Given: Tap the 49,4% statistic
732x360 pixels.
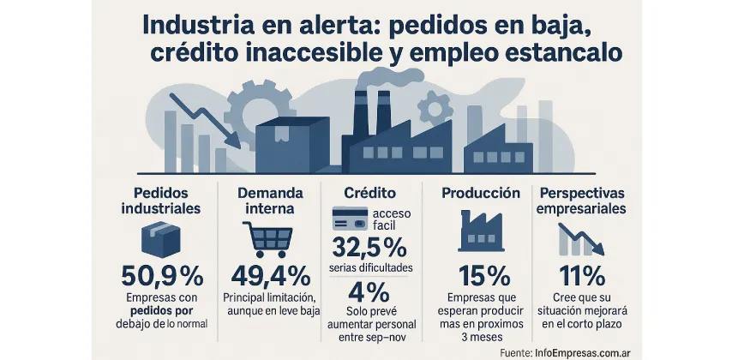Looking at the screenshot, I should (x=269, y=276).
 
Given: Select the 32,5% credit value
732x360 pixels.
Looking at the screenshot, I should (x=369, y=249).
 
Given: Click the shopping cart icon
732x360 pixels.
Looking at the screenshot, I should (x=267, y=239).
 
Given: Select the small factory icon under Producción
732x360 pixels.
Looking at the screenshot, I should (x=481, y=230).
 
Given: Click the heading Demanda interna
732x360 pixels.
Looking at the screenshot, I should (x=267, y=200).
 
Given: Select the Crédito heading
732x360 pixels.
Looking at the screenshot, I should (x=369, y=193).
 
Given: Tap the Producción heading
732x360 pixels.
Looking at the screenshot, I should (x=481, y=193).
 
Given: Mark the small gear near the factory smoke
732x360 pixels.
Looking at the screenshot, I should (x=437, y=106).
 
